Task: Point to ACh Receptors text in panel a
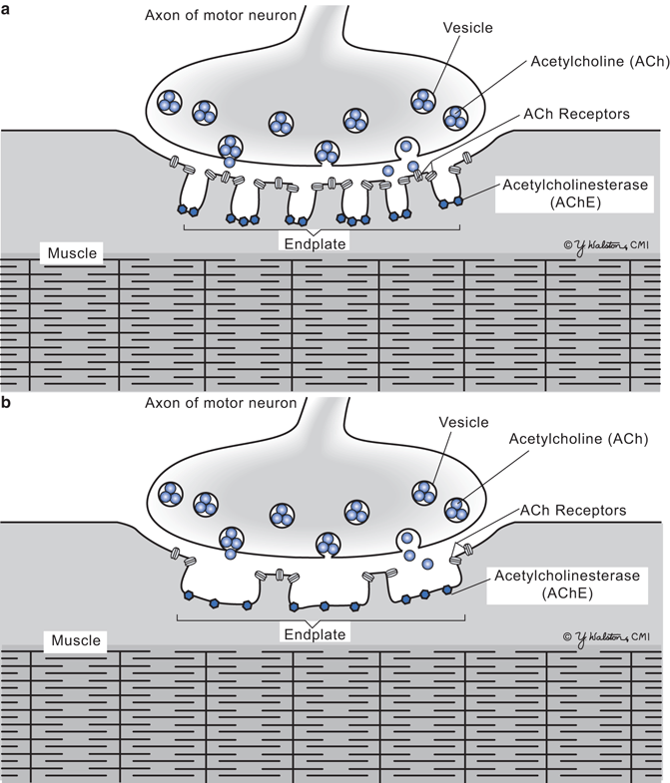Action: click(577, 114)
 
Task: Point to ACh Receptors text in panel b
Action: click(573, 510)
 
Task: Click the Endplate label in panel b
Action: click(316, 633)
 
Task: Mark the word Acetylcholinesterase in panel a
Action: click(576, 187)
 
